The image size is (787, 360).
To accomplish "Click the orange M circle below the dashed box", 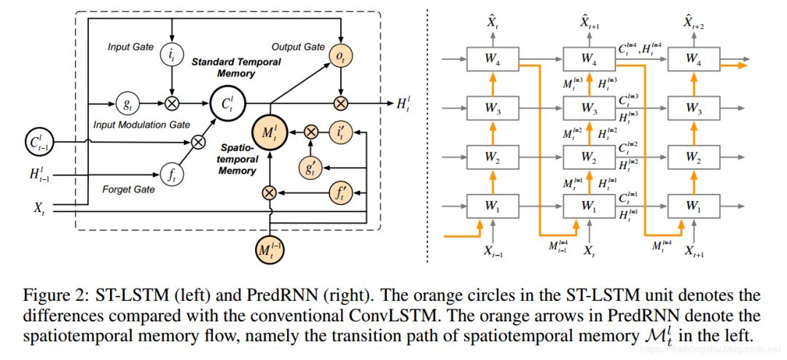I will coord(270,251).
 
